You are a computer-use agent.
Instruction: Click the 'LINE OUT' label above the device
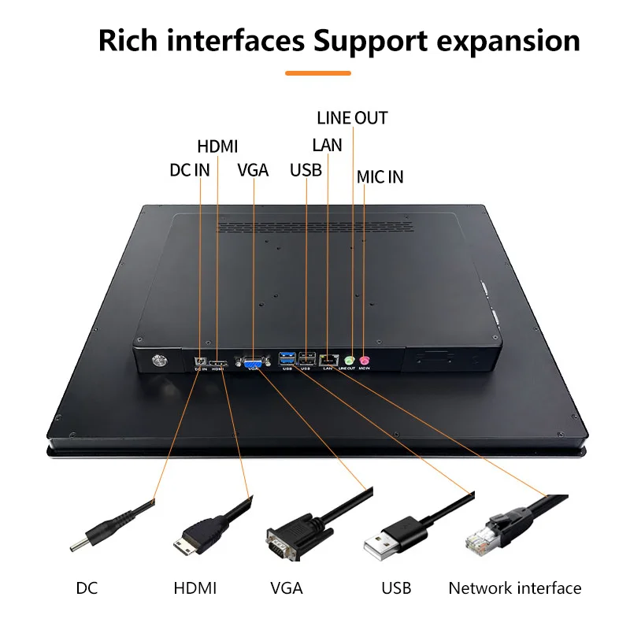point(352,117)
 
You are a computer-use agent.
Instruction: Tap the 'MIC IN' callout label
point(380,176)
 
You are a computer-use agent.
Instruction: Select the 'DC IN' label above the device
point(190,170)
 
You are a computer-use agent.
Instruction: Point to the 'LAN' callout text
point(327,145)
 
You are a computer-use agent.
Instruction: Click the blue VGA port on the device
point(253,362)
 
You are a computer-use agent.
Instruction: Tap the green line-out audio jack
point(350,360)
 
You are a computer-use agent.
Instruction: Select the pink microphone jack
point(364,361)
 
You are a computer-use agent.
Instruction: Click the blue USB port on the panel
point(287,358)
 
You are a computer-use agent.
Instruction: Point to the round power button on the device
point(157,361)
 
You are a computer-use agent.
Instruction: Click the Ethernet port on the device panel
point(328,360)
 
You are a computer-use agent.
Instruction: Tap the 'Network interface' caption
point(515,588)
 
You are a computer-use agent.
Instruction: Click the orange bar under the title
point(318,73)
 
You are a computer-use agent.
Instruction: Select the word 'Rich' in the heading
point(128,41)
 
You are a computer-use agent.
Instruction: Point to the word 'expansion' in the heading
point(508,42)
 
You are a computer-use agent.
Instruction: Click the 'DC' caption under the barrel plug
point(87,588)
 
